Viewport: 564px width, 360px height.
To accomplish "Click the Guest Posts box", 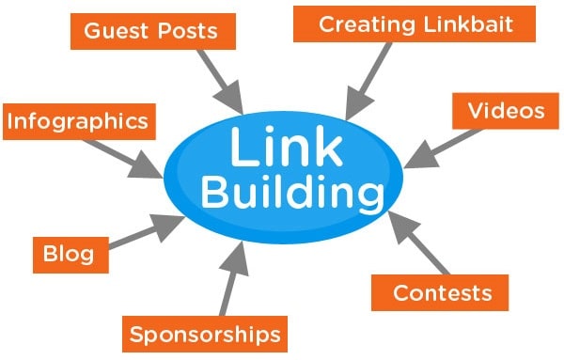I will tap(150, 32).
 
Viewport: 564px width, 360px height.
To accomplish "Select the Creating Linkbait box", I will tap(415, 24).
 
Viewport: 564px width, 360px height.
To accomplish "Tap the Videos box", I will tap(506, 111).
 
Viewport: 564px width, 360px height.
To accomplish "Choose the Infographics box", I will tap(76, 121).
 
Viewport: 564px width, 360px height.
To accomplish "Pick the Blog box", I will tap(68, 254).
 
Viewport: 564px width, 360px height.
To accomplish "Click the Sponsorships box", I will tap(204, 334).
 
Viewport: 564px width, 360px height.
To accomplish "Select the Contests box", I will tap(440, 292).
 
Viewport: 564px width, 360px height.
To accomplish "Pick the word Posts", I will tap(187, 32).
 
